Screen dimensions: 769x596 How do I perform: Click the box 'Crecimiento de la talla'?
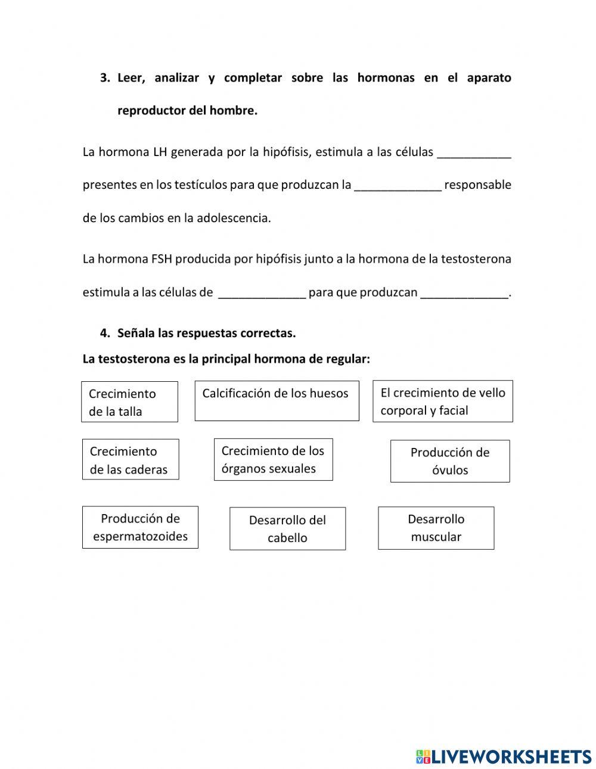point(129,402)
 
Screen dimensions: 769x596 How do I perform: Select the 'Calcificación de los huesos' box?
point(277,401)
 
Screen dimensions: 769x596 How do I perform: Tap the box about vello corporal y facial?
point(442,401)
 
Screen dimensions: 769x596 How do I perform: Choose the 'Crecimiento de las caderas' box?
point(130,459)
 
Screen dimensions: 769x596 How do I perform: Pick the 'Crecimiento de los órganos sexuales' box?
point(273,459)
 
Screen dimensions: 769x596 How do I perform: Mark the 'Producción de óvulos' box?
point(450,461)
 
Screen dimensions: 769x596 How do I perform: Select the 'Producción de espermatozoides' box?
point(140,527)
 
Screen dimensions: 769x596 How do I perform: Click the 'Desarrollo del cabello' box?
point(287,528)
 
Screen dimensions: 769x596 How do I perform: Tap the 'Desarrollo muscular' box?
point(436,528)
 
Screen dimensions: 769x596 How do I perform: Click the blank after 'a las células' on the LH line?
point(474,153)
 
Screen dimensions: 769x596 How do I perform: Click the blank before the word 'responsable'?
point(398,186)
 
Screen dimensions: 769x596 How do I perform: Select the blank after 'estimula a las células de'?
point(262,293)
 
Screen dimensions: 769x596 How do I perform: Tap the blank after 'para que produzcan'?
point(464,293)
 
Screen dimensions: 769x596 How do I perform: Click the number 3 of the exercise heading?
point(104,78)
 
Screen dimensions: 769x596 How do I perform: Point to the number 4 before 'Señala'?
point(104,334)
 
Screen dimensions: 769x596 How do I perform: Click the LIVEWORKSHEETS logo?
point(503,756)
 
